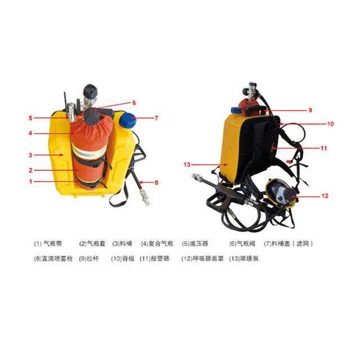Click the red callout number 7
click(157, 118)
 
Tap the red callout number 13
click(187, 164)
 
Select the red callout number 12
click(325, 196)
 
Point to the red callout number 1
click(31, 181)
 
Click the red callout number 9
click(309, 110)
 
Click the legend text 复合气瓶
click(159, 244)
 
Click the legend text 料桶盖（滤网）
click(292, 244)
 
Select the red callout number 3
click(31, 155)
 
